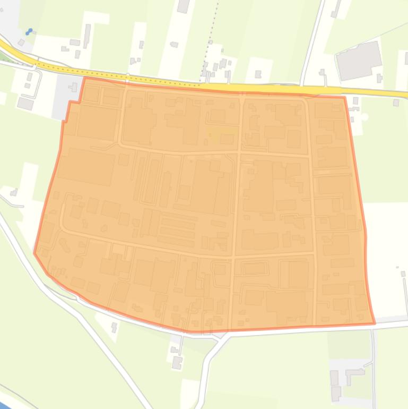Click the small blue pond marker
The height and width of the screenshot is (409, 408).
pyautogui.click(x=29, y=32)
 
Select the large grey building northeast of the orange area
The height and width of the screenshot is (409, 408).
pyautogui.click(x=359, y=61)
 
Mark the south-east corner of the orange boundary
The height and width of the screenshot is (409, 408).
pyautogui.click(x=375, y=323)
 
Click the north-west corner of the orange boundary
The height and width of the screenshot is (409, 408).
pyautogui.click(x=85, y=78)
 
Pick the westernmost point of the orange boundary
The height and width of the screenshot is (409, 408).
pyautogui.click(x=34, y=253)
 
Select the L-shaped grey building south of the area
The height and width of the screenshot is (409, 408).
pyautogui.click(x=354, y=375)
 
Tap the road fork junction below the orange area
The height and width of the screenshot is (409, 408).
pyautogui.click(x=223, y=336)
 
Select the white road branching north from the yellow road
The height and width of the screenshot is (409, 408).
pyautogui.click(x=313, y=42)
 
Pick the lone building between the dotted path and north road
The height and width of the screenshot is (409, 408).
pyautogui.click(x=258, y=74)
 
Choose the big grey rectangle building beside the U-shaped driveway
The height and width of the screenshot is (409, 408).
pyautogui.click(x=25, y=103)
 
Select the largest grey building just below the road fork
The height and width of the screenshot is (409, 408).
pyautogui.click(x=176, y=363)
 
